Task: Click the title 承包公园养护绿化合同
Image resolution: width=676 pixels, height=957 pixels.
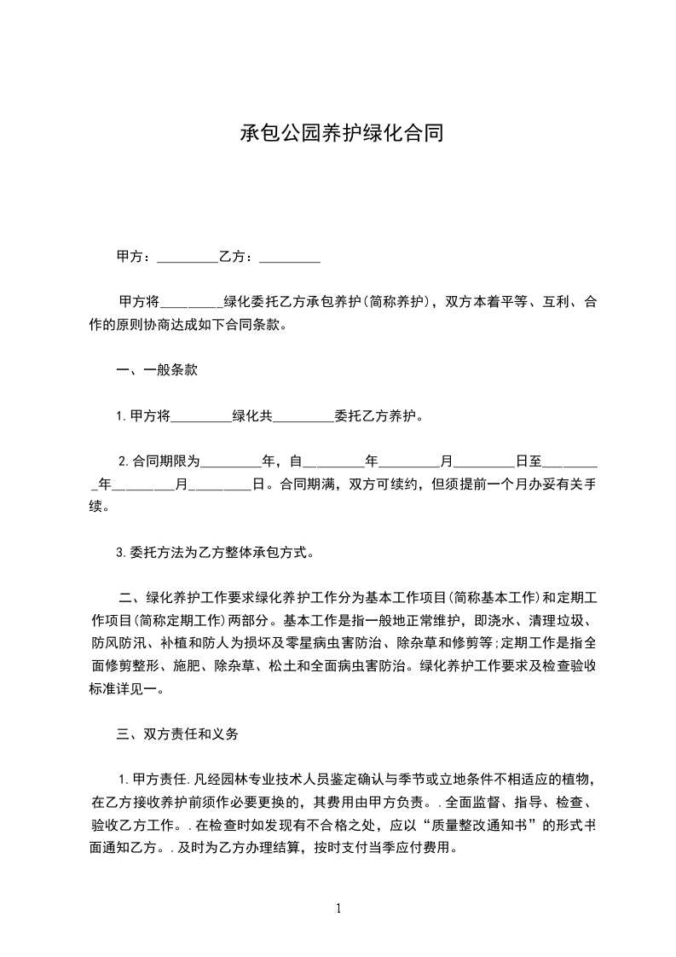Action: click(x=338, y=134)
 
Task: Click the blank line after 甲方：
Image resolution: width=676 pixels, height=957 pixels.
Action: click(x=188, y=258)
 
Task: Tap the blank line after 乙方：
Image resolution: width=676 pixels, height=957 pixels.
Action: click(x=289, y=258)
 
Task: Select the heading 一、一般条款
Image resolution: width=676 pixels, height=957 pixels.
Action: click(x=158, y=370)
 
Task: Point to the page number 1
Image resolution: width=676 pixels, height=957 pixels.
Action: click(x=338, y=908)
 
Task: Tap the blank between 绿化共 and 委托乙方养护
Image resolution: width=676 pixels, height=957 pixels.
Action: click(x=303, y=418)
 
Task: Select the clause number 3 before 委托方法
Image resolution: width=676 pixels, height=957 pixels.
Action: click(x=121, y=552)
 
